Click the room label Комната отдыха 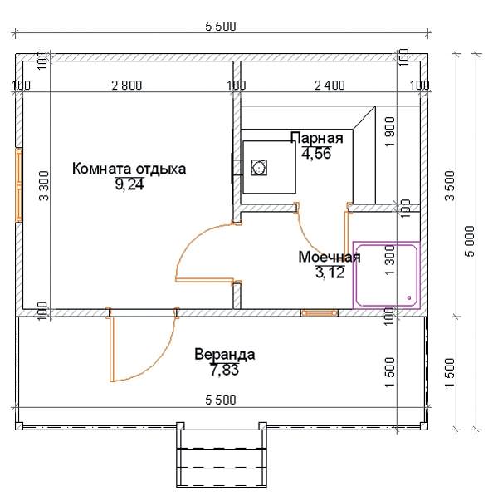coord(129,169)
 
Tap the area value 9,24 coord(129,184)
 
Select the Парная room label coord(317,138)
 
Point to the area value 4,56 coord(316,153)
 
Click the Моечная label coord(330,257)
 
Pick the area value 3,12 coord(330,273)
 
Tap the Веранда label coord(225,354)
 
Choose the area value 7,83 coord(224,370)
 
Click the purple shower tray coord(386,275)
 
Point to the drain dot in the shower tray coord(409,298)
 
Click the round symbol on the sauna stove coord(259,168)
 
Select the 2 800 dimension coord(127,86)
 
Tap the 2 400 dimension coord(330,86)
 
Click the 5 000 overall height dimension coord(470,241)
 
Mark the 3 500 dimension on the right coord(450,186)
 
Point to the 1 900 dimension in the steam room coord(390,131)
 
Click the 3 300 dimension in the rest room coord(44,186)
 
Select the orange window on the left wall coord(19,184)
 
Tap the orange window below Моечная coord(320,313)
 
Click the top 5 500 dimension coord(221,27)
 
